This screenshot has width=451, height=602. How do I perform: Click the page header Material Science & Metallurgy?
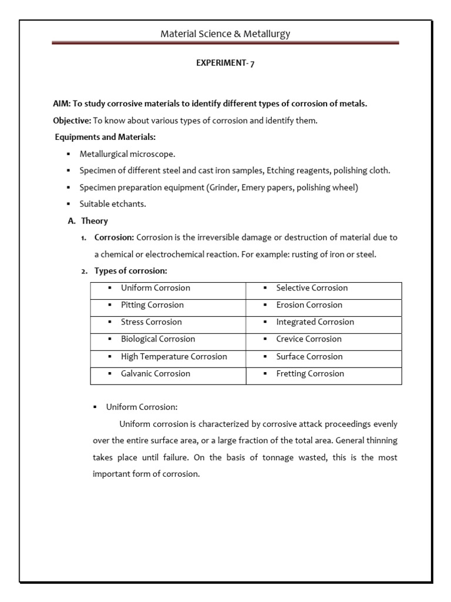coord(225,34)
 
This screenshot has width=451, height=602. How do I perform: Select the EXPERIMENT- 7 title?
coord(225,64)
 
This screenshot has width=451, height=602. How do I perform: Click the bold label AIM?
coord(62,103)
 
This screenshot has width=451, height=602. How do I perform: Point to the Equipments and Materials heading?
coord(106,137)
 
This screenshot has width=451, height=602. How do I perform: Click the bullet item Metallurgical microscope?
coord(127,154)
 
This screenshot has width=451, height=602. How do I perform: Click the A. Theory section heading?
coord(88,221)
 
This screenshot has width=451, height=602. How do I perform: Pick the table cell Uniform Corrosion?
coord(156,288)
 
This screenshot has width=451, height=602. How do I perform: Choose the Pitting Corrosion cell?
coord(152,305)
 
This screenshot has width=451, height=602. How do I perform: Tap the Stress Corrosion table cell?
coord(152,322)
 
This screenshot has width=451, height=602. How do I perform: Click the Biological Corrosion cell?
coord(158,339)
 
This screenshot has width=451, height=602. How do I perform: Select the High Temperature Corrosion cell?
coord(174,357)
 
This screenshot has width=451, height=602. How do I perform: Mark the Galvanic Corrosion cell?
coord(156,374)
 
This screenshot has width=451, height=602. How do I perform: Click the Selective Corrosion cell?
coord(312,288)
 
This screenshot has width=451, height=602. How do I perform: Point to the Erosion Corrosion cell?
coord(309,305)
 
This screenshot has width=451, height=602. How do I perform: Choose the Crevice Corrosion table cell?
coord(309,339)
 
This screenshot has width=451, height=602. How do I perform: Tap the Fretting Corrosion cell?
coord(310,374)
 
